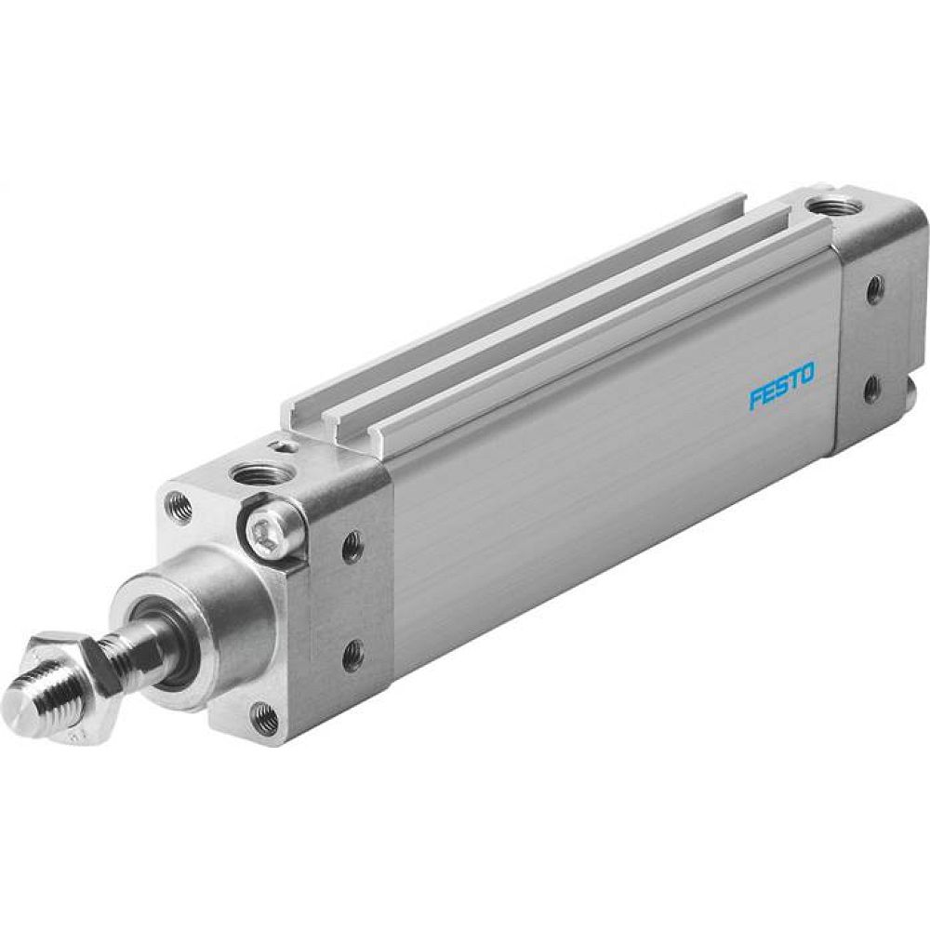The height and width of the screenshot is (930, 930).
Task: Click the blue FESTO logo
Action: pos(781,386)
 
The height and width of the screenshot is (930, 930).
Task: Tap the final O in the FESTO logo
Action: pos(806,374)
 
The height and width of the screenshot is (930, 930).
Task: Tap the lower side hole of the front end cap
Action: pos(352,656)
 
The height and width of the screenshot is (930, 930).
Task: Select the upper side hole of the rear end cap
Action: pos(874,289)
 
